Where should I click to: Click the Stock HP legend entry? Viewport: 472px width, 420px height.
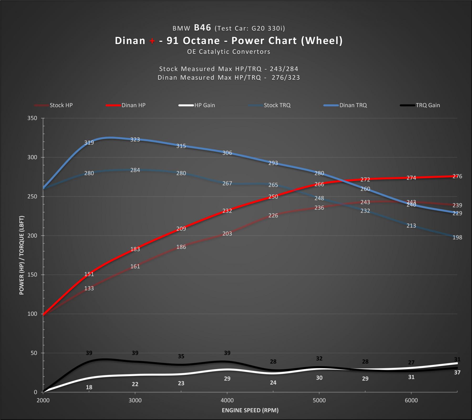(61, 105)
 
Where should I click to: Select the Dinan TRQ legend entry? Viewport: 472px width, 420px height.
(353, 105)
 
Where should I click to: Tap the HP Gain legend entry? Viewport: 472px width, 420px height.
(204, 105)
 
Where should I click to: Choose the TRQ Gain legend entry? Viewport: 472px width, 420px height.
(427, 105)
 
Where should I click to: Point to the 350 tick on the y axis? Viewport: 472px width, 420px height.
(32, 118)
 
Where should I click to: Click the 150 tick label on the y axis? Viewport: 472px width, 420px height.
(32, 275)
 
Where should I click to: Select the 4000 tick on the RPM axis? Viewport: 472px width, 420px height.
(227, 400)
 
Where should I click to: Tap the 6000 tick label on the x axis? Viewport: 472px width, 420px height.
(411, 400)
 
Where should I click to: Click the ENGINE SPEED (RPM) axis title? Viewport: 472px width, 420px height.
(250, 410)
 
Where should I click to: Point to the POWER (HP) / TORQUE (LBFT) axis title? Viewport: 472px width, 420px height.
(22, 255)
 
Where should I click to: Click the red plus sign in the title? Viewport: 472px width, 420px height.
(152, 41)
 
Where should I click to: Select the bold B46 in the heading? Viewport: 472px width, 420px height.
(202, 28)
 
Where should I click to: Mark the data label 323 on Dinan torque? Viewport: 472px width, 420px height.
(135, 139)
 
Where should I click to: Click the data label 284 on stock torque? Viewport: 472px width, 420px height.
(135, 170)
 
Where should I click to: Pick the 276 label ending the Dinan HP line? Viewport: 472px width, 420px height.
(457, 176)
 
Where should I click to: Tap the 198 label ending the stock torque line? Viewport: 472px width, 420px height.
(457, 237)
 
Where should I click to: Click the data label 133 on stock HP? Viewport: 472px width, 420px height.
(89, 288)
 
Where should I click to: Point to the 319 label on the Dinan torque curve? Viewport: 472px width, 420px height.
(89, 143)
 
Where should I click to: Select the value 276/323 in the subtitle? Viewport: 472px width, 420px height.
(286, 78)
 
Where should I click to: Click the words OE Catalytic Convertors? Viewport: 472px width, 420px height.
(229, 52)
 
